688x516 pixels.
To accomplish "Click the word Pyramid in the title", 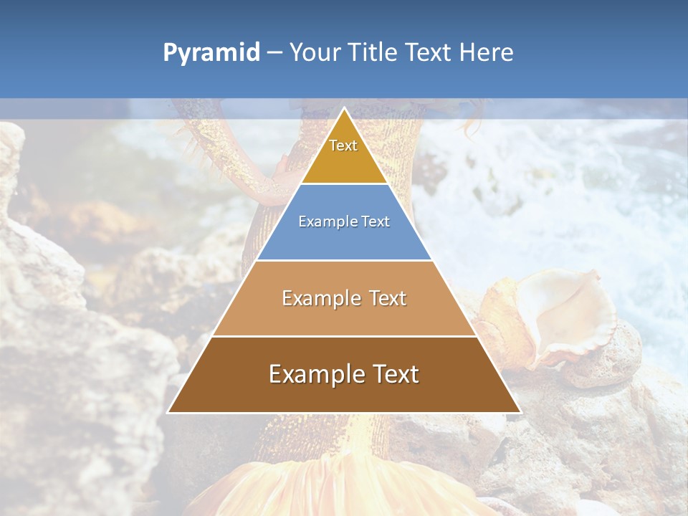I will [x=211, y=53].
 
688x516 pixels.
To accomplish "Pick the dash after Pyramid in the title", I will [x=274, y=53].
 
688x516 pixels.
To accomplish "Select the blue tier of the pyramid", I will [x=344, y=240].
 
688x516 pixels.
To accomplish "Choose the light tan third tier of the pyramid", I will [x=344, y=315].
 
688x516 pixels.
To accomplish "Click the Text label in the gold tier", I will [x=343, y=145].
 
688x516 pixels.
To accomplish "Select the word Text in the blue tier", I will [x=376, y=221].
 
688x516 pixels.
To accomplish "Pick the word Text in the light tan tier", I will [x=388, y=298].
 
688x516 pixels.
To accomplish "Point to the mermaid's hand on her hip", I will [x=283, y=172].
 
